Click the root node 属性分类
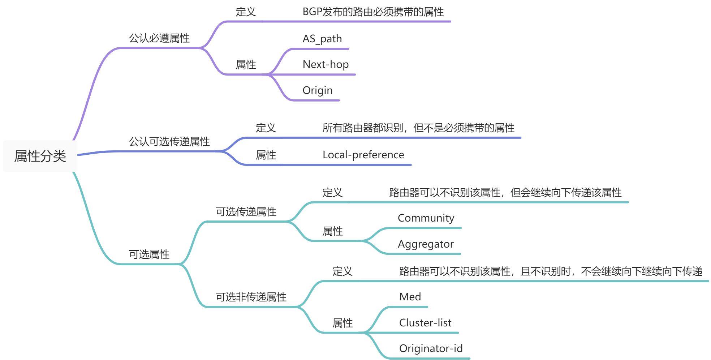40,156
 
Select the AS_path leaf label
322,39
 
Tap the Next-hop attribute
326,64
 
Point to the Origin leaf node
317,90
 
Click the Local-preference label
363,155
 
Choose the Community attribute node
426,218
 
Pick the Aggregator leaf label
425,244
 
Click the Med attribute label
410,297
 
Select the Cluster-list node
425,322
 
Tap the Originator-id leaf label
431,348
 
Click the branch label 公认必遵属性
159,38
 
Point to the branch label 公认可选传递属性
169,141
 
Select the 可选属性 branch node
149,254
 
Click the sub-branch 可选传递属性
246,211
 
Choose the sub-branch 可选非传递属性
251,297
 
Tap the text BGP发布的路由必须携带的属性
373,12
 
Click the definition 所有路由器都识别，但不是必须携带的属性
418,128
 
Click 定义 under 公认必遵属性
246,12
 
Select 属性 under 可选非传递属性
342,323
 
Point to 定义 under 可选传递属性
332,192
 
